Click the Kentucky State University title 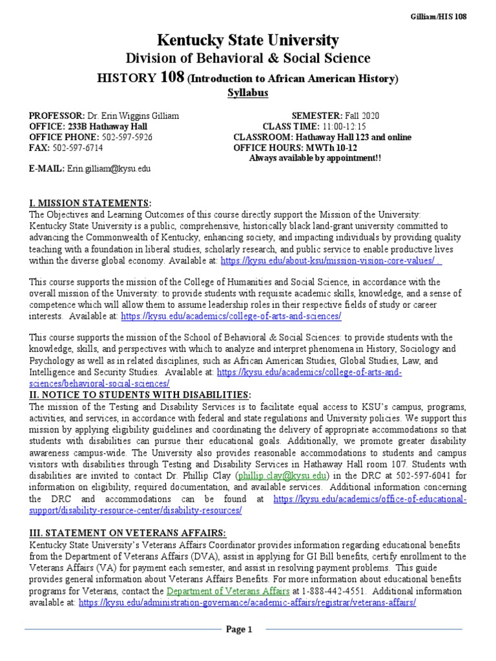tap(248, 41)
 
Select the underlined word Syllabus tap(248, 93)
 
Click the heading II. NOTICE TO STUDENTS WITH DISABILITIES tap(139, 394)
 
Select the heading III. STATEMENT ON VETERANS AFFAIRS tap(128, 533)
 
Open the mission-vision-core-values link tap(331, 261)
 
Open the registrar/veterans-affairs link tap(247, 602)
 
